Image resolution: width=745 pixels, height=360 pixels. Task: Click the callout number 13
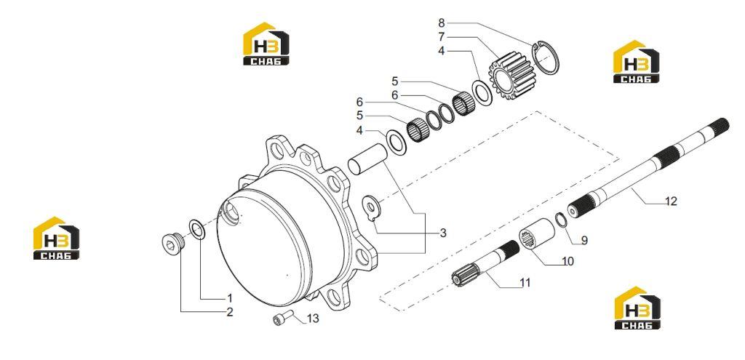point(313,319)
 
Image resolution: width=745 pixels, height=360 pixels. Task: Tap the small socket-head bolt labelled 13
point(283,318)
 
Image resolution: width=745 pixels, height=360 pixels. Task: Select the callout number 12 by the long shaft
point(670,201)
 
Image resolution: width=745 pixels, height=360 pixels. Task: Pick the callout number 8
point(442,23)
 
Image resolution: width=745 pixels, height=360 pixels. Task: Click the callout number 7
point(442,36)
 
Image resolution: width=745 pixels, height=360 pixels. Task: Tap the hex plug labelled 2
point(172,244)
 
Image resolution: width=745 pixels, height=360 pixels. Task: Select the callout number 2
point(230,312)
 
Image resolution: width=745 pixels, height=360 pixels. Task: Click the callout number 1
point(230,298)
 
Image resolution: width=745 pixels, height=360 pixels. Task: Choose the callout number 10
point(567,261)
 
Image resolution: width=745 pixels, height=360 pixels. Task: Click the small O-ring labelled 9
point(561,220)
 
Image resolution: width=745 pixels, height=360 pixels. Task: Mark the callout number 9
point(584,241)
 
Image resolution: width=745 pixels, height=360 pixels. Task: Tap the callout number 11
point(525,283)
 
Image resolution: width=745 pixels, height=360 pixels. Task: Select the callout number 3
point(443,233)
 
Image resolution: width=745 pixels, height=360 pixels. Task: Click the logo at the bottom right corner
point(637,308)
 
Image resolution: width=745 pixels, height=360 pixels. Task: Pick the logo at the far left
point(56,238)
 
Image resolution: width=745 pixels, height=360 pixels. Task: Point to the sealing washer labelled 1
point(197,229)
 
